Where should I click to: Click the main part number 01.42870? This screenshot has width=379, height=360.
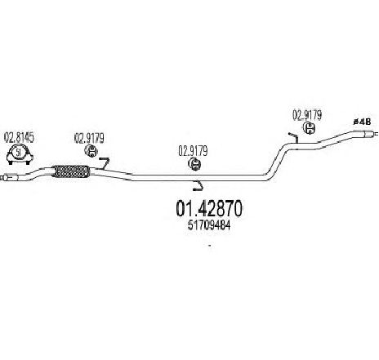209,208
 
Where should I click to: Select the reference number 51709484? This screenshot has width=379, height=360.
209,225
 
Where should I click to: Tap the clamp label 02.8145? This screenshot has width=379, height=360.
19,138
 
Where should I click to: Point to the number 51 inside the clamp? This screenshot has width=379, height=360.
19,153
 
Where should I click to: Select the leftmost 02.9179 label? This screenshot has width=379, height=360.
89,138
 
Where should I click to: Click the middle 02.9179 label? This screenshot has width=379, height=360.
193,151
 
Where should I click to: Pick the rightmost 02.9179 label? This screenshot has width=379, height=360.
307,115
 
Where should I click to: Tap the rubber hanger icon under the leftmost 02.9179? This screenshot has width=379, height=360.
91,151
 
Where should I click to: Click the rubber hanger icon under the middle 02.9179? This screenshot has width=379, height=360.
194,164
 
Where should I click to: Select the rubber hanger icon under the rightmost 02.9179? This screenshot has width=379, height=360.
309,128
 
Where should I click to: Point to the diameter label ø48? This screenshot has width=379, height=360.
362,122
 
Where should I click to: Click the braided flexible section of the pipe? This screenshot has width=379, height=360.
70,171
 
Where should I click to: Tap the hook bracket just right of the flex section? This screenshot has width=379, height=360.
105,163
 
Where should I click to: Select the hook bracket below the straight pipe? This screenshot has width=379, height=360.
198,186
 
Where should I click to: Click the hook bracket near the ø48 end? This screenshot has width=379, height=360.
294,137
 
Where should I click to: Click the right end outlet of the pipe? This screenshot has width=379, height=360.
370,134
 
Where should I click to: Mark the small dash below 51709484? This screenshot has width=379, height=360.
209,246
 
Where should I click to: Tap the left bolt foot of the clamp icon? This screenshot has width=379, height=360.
11,162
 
